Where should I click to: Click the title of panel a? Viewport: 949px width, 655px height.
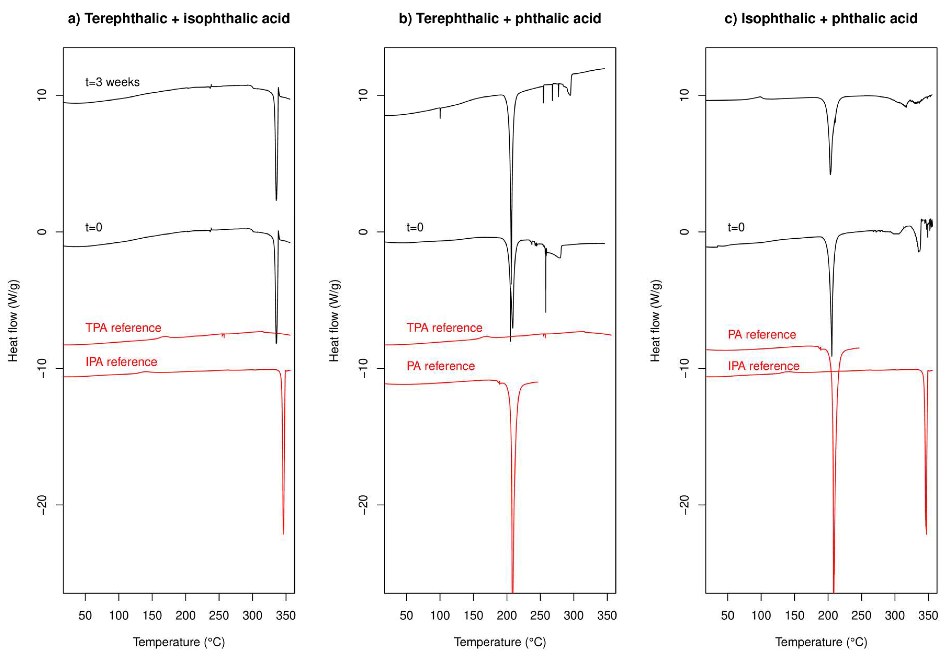179,18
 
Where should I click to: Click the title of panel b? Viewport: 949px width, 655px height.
500,18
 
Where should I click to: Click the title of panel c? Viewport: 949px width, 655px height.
821,18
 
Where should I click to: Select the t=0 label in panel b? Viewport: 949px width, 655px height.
415,227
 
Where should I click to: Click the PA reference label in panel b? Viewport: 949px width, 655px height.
440,366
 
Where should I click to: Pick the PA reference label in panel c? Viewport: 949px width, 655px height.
762,335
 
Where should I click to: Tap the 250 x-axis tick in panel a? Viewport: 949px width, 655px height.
219,615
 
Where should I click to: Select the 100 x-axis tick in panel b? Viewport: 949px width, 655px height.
440,615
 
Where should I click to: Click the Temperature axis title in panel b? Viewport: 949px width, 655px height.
500,642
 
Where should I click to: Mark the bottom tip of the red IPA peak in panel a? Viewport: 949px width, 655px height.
284,534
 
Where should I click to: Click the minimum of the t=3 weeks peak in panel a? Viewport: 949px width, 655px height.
276,200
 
